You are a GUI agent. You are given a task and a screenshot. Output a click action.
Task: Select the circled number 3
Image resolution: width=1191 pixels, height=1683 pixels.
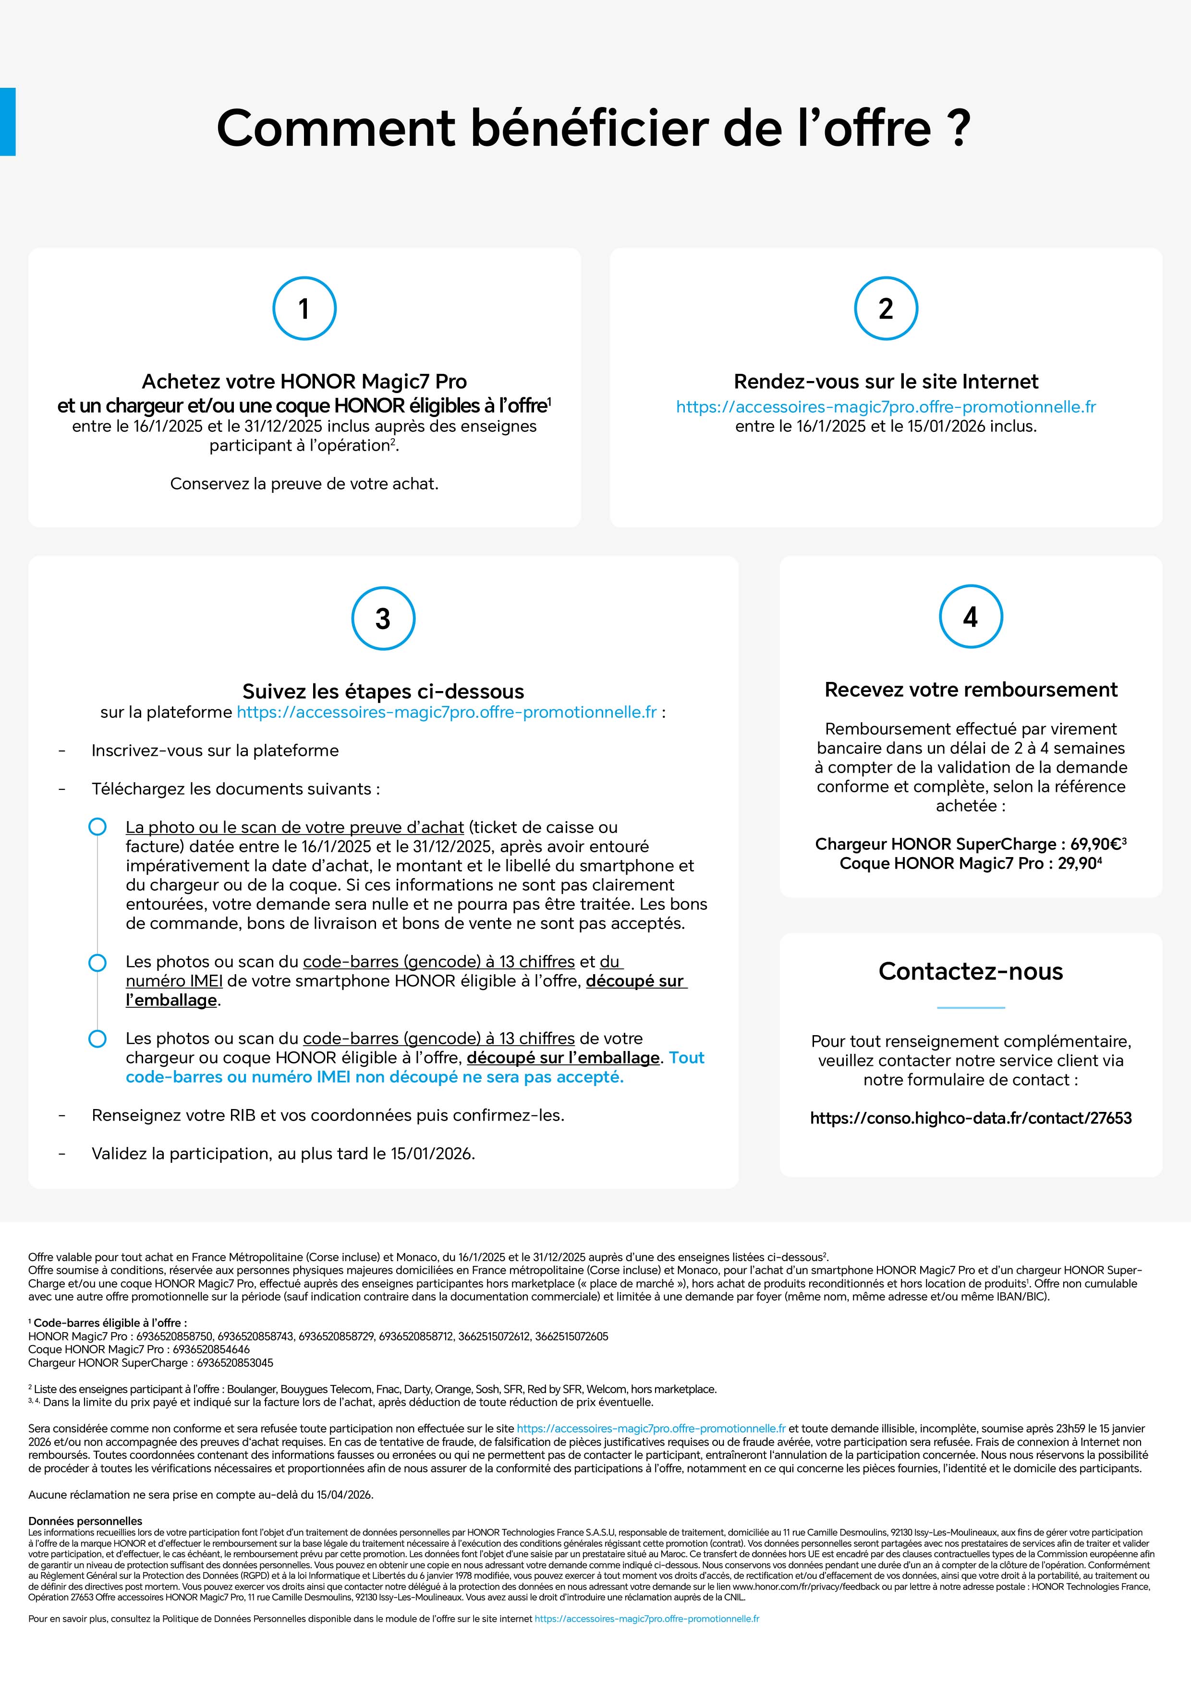(x=383, y=619)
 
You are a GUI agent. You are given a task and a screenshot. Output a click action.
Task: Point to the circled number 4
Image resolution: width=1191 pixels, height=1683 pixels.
(x=970, y=617)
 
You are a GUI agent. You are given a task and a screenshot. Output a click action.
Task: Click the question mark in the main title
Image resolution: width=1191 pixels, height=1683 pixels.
(x=959, y=128)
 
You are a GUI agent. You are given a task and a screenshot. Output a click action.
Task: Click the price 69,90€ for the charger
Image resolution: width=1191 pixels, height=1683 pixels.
(x=1095, y=844)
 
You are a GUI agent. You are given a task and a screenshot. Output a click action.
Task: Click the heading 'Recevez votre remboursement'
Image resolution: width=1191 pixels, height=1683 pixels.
(x=970, y=690)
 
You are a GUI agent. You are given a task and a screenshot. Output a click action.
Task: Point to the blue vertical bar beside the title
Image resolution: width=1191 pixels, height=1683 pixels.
(x=7, y=122)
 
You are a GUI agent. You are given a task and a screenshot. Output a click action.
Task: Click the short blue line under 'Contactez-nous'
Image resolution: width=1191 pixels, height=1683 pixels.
(x=970, y=1008)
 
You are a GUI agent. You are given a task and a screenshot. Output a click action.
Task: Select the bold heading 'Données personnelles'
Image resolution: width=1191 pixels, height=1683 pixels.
(x=85, y=1521)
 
